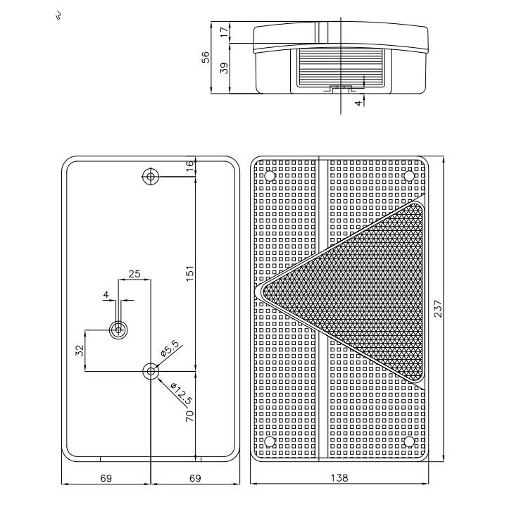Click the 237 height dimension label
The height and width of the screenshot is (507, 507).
tap(438, 308)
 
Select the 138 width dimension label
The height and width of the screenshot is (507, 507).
tap(339, 477)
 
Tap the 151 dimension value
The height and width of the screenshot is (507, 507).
tap(190, 273)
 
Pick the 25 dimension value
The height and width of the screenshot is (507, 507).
tap(134, 274)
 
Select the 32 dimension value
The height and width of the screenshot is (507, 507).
tap(80, 351)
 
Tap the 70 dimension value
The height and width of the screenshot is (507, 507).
tap(190, 415)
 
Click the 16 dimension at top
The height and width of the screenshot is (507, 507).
tap(190, 163)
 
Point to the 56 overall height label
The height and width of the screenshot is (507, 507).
tap(206, 57)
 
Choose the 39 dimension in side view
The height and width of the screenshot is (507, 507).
tap(224, 68)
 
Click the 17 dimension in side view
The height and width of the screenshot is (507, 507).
tap(224, 32)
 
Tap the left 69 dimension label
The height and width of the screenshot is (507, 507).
tap(106, 478)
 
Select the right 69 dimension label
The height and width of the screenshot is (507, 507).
tap(195, 478)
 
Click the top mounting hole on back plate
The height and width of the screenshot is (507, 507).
tap(151, 177)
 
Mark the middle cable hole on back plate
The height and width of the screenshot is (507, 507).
tap(118, 330)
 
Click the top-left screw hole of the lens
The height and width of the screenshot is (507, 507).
tap(269, 175)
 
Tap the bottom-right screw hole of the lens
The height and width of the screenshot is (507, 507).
tap(409, 442)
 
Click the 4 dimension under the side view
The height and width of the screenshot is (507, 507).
tap(358, 103)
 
